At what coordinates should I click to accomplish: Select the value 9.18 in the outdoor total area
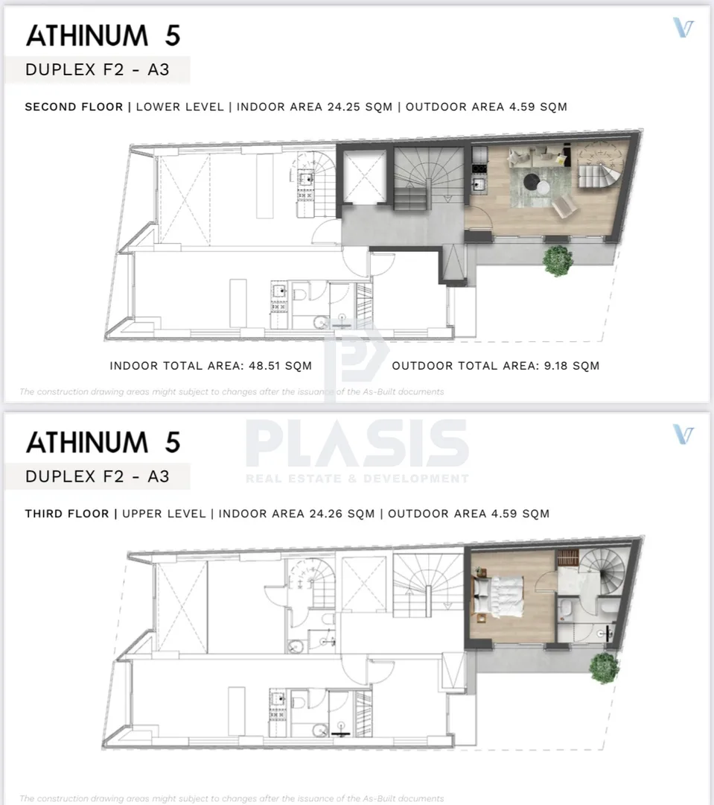555,365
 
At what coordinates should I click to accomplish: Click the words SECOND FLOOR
74,107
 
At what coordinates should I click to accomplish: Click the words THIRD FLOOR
67,514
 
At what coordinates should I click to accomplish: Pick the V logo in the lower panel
683,435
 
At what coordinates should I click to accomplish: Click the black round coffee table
532,180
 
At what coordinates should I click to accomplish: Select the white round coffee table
544,187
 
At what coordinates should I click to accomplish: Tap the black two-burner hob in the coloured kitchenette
479,168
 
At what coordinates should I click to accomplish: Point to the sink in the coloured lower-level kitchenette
479,184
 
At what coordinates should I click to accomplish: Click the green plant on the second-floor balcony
558,260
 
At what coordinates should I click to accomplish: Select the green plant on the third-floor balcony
605,667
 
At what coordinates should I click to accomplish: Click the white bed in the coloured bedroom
499,595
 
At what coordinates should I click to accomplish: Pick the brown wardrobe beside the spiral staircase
568,558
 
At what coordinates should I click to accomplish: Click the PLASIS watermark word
357,443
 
